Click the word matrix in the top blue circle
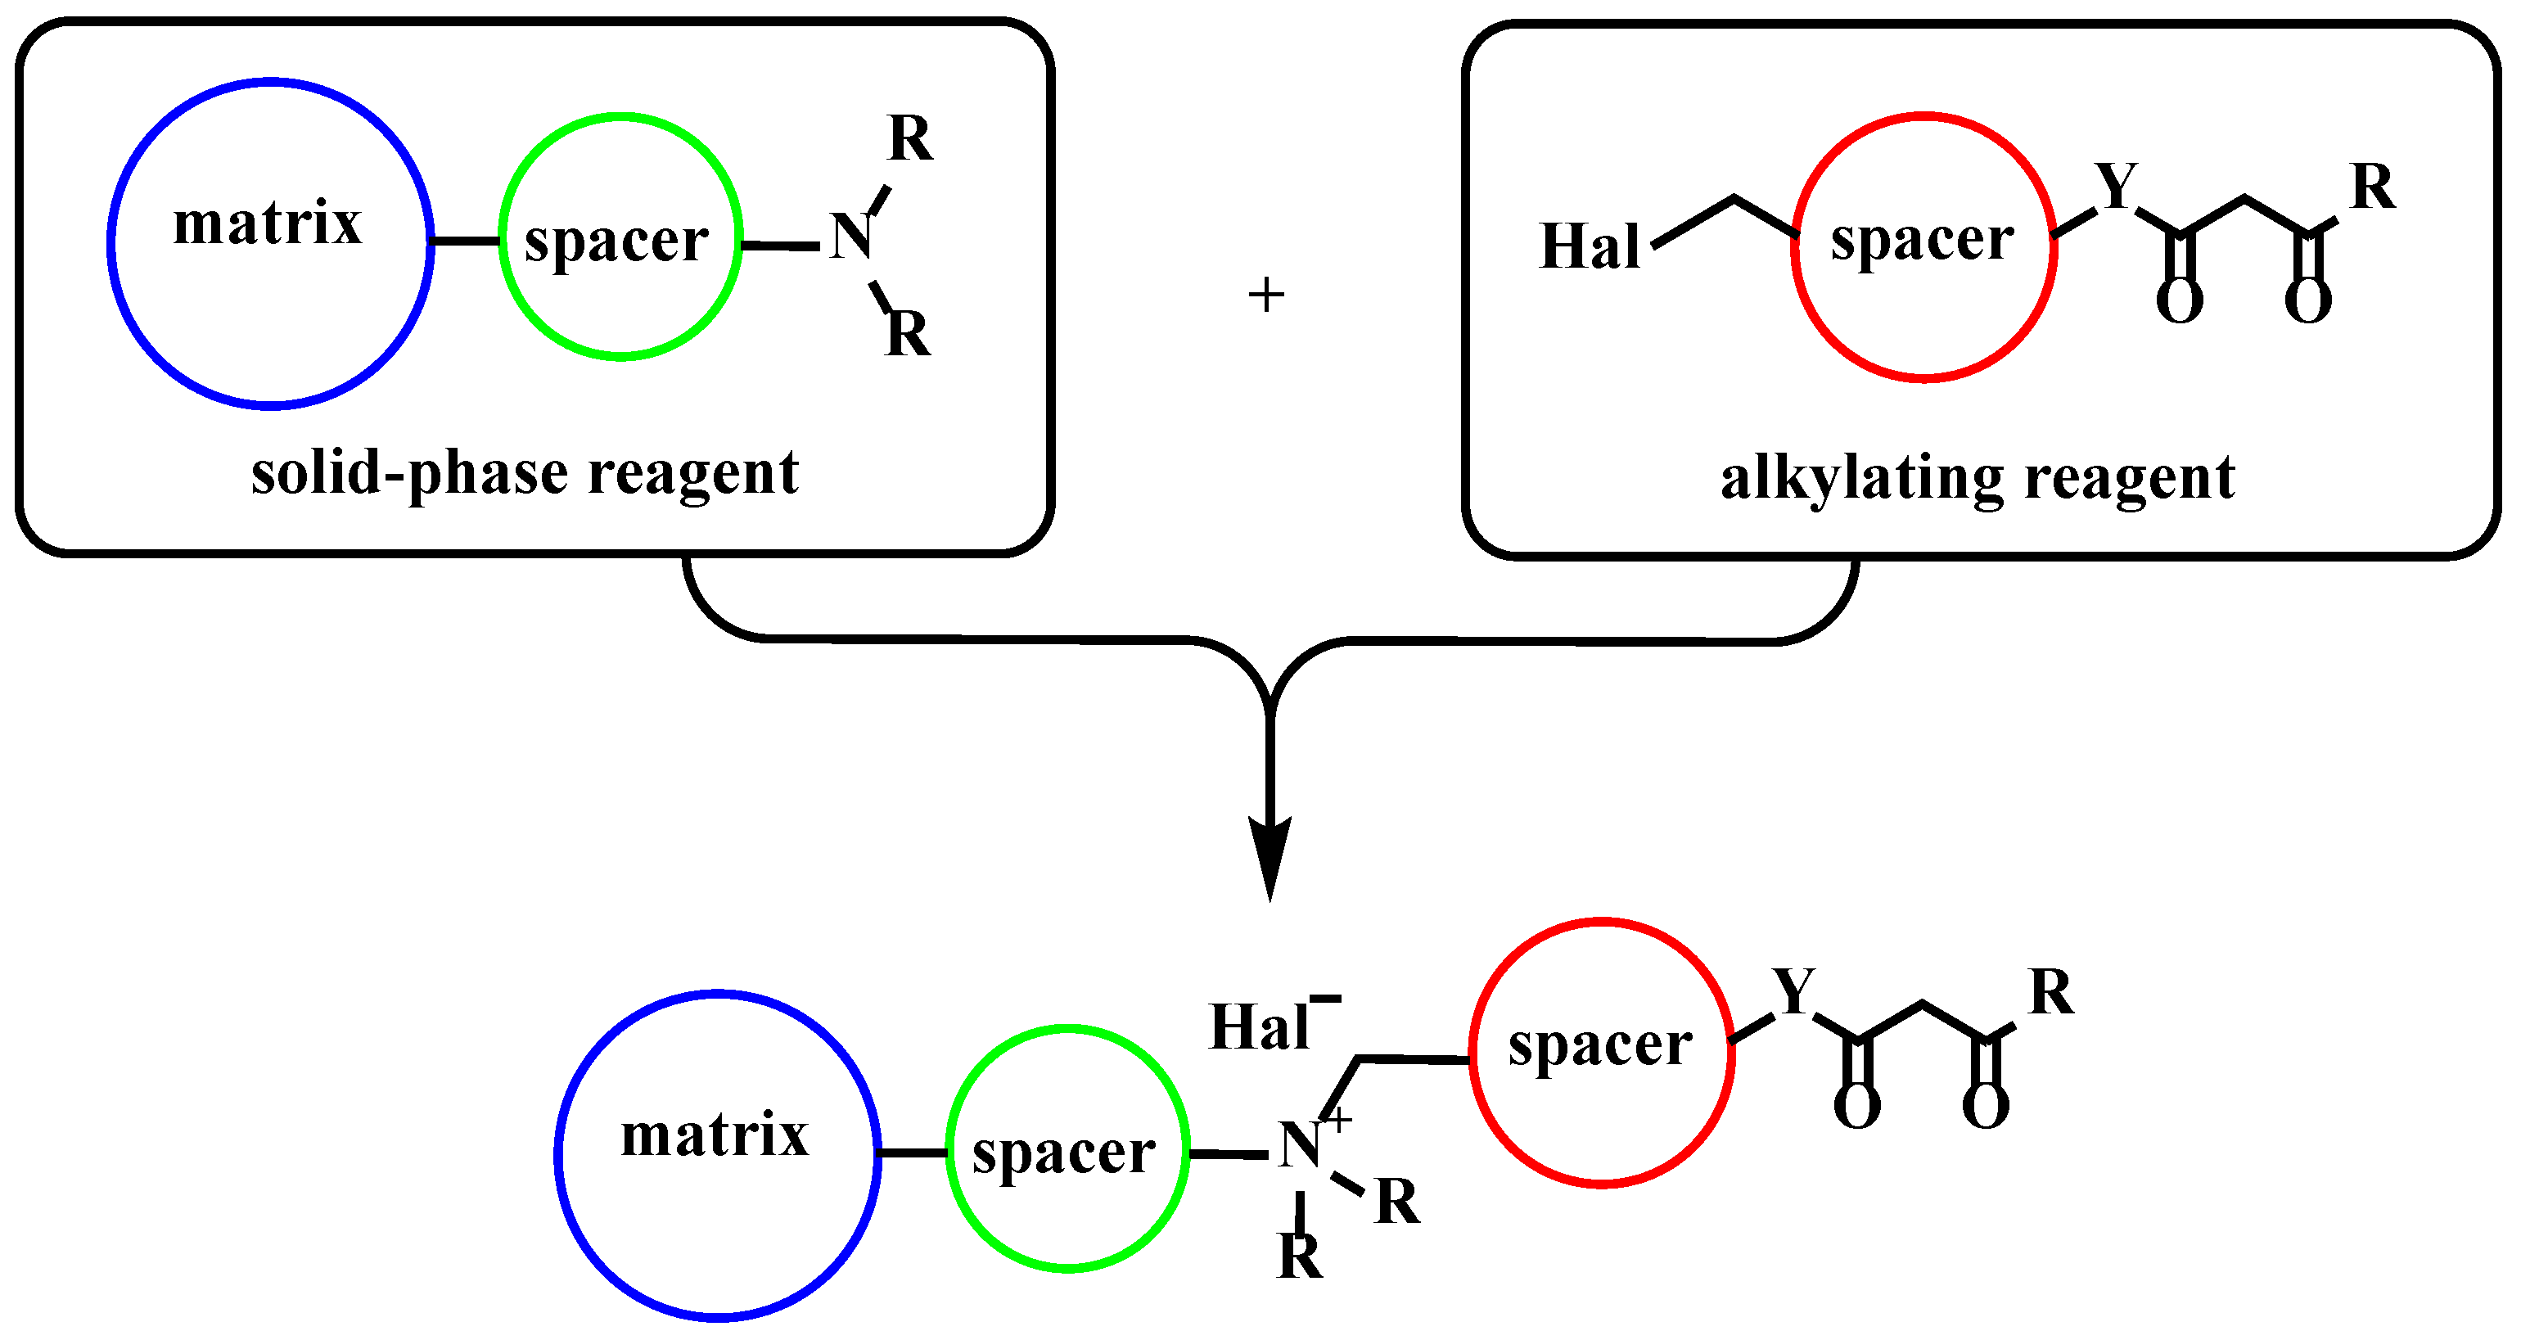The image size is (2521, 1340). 267,223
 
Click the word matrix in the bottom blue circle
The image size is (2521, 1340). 715,1135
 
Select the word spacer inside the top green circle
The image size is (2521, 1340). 616,241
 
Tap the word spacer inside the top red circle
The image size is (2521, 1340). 1922,240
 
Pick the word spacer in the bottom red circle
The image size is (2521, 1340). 1600,1045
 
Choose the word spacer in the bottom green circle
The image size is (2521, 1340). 1064,1154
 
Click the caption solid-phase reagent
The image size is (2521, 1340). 525,474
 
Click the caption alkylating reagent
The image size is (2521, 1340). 1978,479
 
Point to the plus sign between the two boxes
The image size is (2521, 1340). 1266,296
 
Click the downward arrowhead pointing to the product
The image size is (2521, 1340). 1270,856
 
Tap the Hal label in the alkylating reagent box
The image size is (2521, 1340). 1589,246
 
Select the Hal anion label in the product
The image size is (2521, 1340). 1260,1028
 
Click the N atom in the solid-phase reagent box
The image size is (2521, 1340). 850,237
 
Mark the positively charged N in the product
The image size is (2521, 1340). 1301,1145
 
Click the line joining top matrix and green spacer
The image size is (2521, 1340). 466,241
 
